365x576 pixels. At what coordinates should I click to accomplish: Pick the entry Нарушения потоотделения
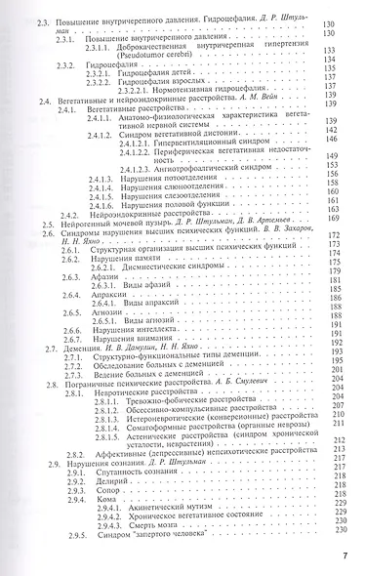tap(170, 183)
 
